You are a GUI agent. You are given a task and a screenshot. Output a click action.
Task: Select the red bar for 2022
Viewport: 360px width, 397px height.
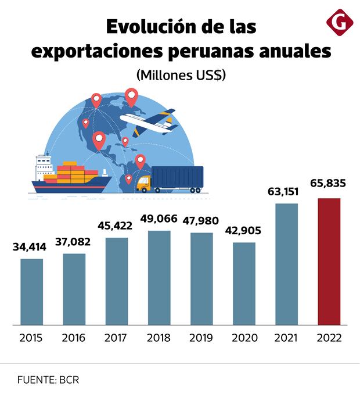pos(329,261)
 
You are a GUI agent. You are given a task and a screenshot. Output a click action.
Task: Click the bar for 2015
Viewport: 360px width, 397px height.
pos(31,291)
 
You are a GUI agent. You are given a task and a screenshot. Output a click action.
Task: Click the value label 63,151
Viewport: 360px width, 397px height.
pos(286,190)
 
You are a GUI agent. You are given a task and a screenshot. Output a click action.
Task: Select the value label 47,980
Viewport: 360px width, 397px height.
pos(201,221)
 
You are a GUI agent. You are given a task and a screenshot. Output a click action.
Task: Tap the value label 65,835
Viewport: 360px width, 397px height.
pos(328,184)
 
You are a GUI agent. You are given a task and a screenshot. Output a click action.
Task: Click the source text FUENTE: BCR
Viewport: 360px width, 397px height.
pos(48,380)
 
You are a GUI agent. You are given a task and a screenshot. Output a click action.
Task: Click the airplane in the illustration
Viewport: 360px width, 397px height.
pos(149,121)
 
